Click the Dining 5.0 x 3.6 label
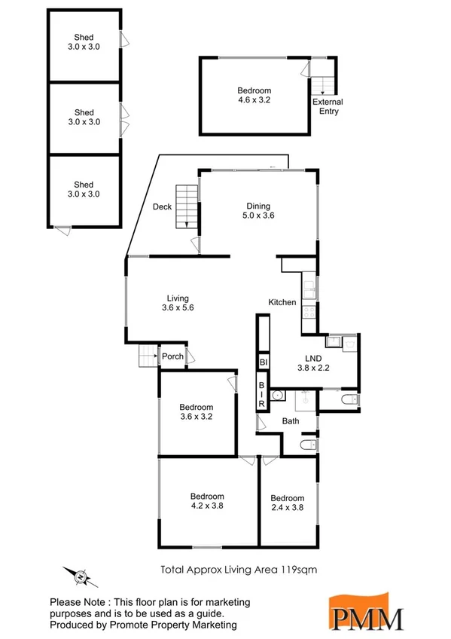[x=258, y=212]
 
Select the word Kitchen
[x=282, y=302]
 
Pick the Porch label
[x=173, y=356]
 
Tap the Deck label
[x=162, y=207]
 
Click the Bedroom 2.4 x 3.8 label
[x=288, y=503]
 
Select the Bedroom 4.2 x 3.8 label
[x=207, y=501]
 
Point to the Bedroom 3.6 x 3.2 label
[x=197, y=411]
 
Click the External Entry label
[x=326, y=106]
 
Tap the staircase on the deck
[x=185, y=207]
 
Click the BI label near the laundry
[x=264, y=362]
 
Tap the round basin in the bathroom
[x=276, y=395]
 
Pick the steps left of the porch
[x=147, y=355]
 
